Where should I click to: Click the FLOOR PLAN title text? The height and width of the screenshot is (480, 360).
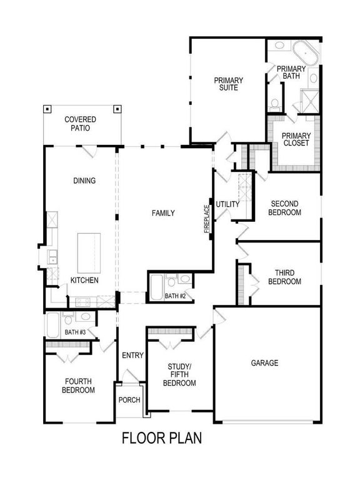pos(162,437)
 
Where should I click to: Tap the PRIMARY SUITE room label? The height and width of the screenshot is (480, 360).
pos(228,84)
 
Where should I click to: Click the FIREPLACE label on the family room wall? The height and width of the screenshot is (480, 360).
pos(207,219)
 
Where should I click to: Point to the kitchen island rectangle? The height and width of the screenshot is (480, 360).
pos(89,253)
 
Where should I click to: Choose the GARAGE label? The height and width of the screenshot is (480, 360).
pos(264,363)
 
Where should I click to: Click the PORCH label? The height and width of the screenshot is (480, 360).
pos(129,400)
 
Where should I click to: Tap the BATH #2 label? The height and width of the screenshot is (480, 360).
pos(176,296)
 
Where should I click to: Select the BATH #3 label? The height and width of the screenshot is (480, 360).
pos(75,332)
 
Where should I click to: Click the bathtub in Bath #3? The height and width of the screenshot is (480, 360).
pos(53,325)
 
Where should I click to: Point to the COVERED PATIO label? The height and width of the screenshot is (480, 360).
pos(80,124)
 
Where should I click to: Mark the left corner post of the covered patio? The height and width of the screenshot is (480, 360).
pos(47,109)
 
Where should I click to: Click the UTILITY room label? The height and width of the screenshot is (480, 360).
pos(227,204)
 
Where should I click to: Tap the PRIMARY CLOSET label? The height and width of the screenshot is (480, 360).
pos(296,139)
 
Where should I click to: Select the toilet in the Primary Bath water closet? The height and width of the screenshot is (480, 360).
pos(274,104)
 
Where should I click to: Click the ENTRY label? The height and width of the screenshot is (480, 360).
pos(132,356)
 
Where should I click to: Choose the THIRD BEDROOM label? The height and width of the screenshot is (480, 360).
pos(285,277)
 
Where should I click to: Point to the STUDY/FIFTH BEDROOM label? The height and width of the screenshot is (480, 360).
pos(179,375)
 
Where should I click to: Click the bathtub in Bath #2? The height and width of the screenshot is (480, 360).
pos(157,287)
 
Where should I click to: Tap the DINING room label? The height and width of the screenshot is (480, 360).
pos(84,181)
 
